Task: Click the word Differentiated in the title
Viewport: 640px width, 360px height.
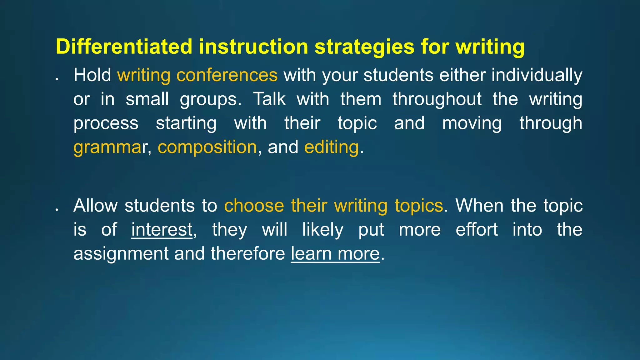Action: click(124, 47)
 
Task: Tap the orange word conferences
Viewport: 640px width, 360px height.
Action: click(227, 75)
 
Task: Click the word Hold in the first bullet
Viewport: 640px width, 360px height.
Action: click(92, 75)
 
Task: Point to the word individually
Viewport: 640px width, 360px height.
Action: click(537, 75)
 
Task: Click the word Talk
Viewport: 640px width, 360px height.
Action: click(269, 99)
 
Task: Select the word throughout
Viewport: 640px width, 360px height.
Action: click(437, 99)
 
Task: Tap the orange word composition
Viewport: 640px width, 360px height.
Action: click(207, 147)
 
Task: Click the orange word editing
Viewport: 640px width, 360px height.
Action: click(331, 147)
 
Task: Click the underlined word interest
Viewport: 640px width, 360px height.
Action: click(162, 230)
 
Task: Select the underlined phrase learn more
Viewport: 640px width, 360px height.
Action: click(335, 253)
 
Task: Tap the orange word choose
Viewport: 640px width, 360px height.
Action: click(254, 206)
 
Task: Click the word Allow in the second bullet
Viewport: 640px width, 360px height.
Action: click(95, 206)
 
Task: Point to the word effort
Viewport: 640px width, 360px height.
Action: click(477, 230)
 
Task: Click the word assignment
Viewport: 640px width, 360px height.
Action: click(121, 253)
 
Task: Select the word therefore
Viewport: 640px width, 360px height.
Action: click(248, 253)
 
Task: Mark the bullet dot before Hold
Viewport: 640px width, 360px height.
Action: click(57, 79)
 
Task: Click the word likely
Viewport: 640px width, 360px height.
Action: click(322, 230)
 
